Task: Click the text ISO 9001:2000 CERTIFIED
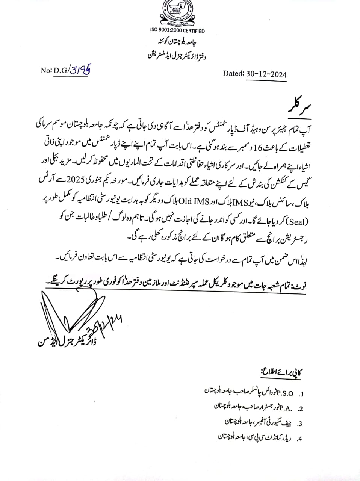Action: [177, 31]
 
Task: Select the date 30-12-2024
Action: [266, 74]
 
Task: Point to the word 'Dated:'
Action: [233, 74]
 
